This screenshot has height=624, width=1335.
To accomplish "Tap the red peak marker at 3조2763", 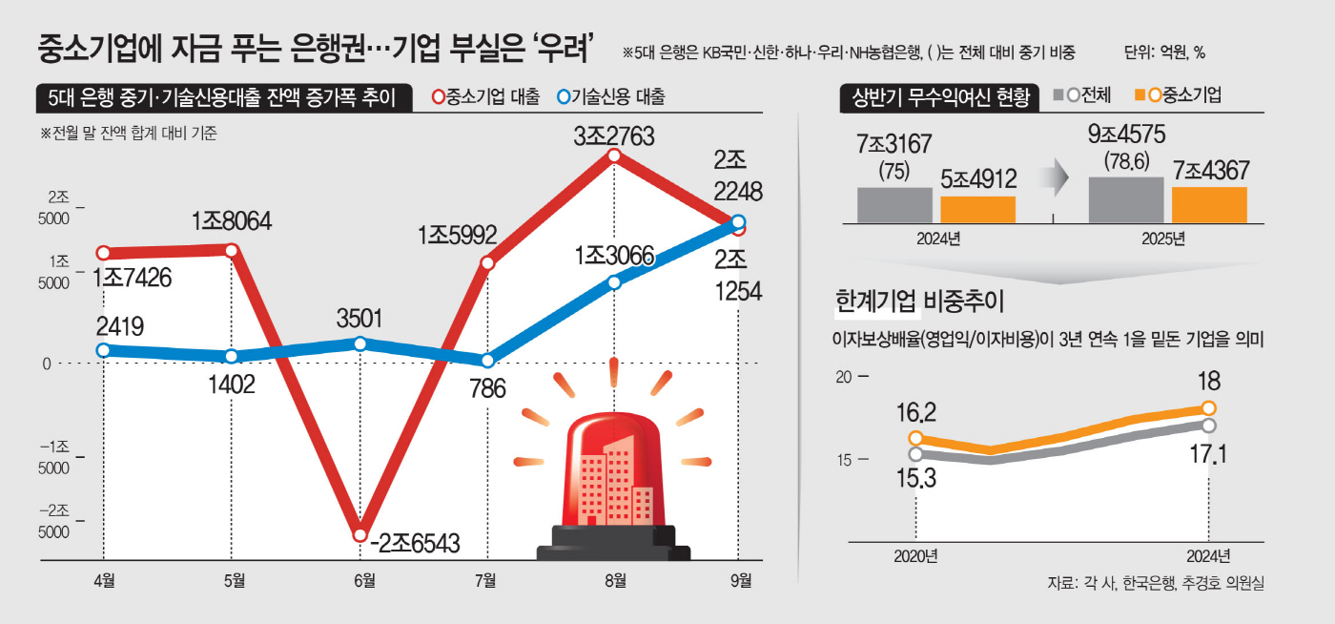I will coord(615,156).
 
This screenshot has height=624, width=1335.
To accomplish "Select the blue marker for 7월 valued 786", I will coord(488,361).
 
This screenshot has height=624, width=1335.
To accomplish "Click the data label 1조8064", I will coord(232,221).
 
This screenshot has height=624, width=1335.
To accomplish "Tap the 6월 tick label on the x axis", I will coord(360,579).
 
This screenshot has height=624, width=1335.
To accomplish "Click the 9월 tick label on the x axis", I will coord(740,579).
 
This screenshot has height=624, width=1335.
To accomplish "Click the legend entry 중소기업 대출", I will coord(485,96).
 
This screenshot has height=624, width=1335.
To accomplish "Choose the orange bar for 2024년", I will coord(977,209).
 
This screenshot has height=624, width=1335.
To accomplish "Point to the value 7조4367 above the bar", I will coord(1210,172).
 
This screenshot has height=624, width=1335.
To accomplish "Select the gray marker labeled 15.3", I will coord(916,454).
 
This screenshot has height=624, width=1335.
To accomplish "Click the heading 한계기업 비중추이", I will coord(919,302).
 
